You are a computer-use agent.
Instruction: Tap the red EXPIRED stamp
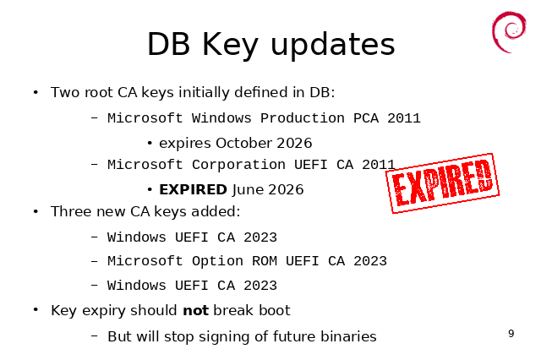(x=442, y=183)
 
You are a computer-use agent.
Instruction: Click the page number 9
(x=511, y=334)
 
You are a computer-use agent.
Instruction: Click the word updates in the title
(x=333, y=45)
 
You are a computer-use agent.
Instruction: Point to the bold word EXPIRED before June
(x=193, y=189)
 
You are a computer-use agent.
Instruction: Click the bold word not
(x=195, y=310)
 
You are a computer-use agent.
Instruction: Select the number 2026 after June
(x=286, y=189)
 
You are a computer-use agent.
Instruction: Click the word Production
(x=303, y=118)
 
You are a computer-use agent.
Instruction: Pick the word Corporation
(x=238, y=165)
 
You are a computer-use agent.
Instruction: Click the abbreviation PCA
(x=366, y=118)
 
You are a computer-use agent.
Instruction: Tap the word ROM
(x=265, y=261)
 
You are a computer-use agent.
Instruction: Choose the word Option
(x=217, y=261)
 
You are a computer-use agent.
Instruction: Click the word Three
(x=71, y=211)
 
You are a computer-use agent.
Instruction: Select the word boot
(x=275, y=310)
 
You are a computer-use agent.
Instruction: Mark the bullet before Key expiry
(x=36, y=309)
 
